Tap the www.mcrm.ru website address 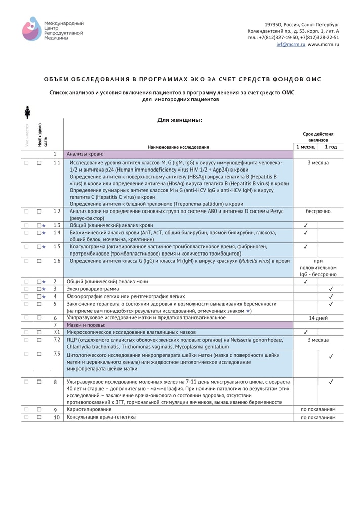pos(323,45)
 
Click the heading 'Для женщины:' pos(180,120)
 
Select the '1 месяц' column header pos(305,147)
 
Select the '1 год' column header pos(331,147)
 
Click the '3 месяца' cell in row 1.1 pos(318,163)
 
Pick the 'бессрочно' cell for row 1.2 pos(318,211)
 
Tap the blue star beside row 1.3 pos(44,225)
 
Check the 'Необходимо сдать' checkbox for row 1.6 pos(39,261)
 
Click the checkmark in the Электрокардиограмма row pos(331,289)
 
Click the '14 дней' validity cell pos(318,318)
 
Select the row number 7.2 pos(57,339)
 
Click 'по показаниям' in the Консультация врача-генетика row pos(318,418)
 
